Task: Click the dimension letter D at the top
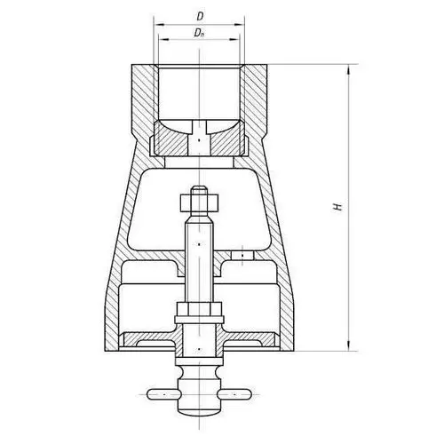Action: pos(200,15)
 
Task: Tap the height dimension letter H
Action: pos(337,206)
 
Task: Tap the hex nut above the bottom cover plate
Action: pos(200,312)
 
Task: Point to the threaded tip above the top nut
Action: pos(200,189)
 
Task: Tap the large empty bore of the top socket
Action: pos(200,89)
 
